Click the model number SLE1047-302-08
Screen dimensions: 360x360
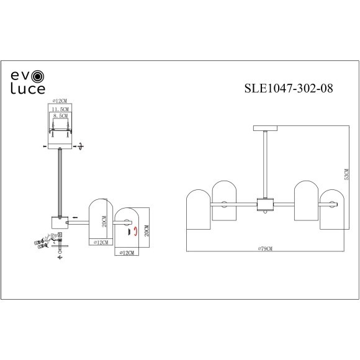(x=289, y=88)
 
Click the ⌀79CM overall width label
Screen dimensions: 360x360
(x=265, y=248)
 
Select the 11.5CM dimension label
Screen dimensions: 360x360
(x=60, y=108)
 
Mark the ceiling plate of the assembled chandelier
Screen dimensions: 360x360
(x=265, y=128)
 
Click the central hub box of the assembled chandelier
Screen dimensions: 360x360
(x=266, y=204)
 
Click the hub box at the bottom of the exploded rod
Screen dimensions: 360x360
(x=60, y=221)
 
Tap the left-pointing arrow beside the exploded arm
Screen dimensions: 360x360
(x=74, y=217)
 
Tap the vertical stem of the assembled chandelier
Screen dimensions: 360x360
(x=265, y=164)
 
